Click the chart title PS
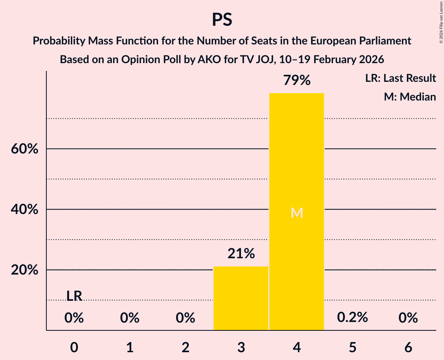click(x=222, y=20)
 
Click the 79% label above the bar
click(x=297, y=81)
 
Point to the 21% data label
click(x=241, y=254)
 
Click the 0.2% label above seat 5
click(x=352, y=318)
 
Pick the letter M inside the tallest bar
click(x=297, y=213)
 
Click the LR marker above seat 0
click(x=74, y=296)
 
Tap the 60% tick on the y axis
click(x=25, y=149)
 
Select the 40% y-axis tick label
click(x=25, y=210)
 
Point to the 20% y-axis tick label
click(x=25, y=270)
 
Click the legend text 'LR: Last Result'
click(x=400, y=78)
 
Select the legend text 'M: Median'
click(x=410, y=97)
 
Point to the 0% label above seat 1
click(x=130, y=318)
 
